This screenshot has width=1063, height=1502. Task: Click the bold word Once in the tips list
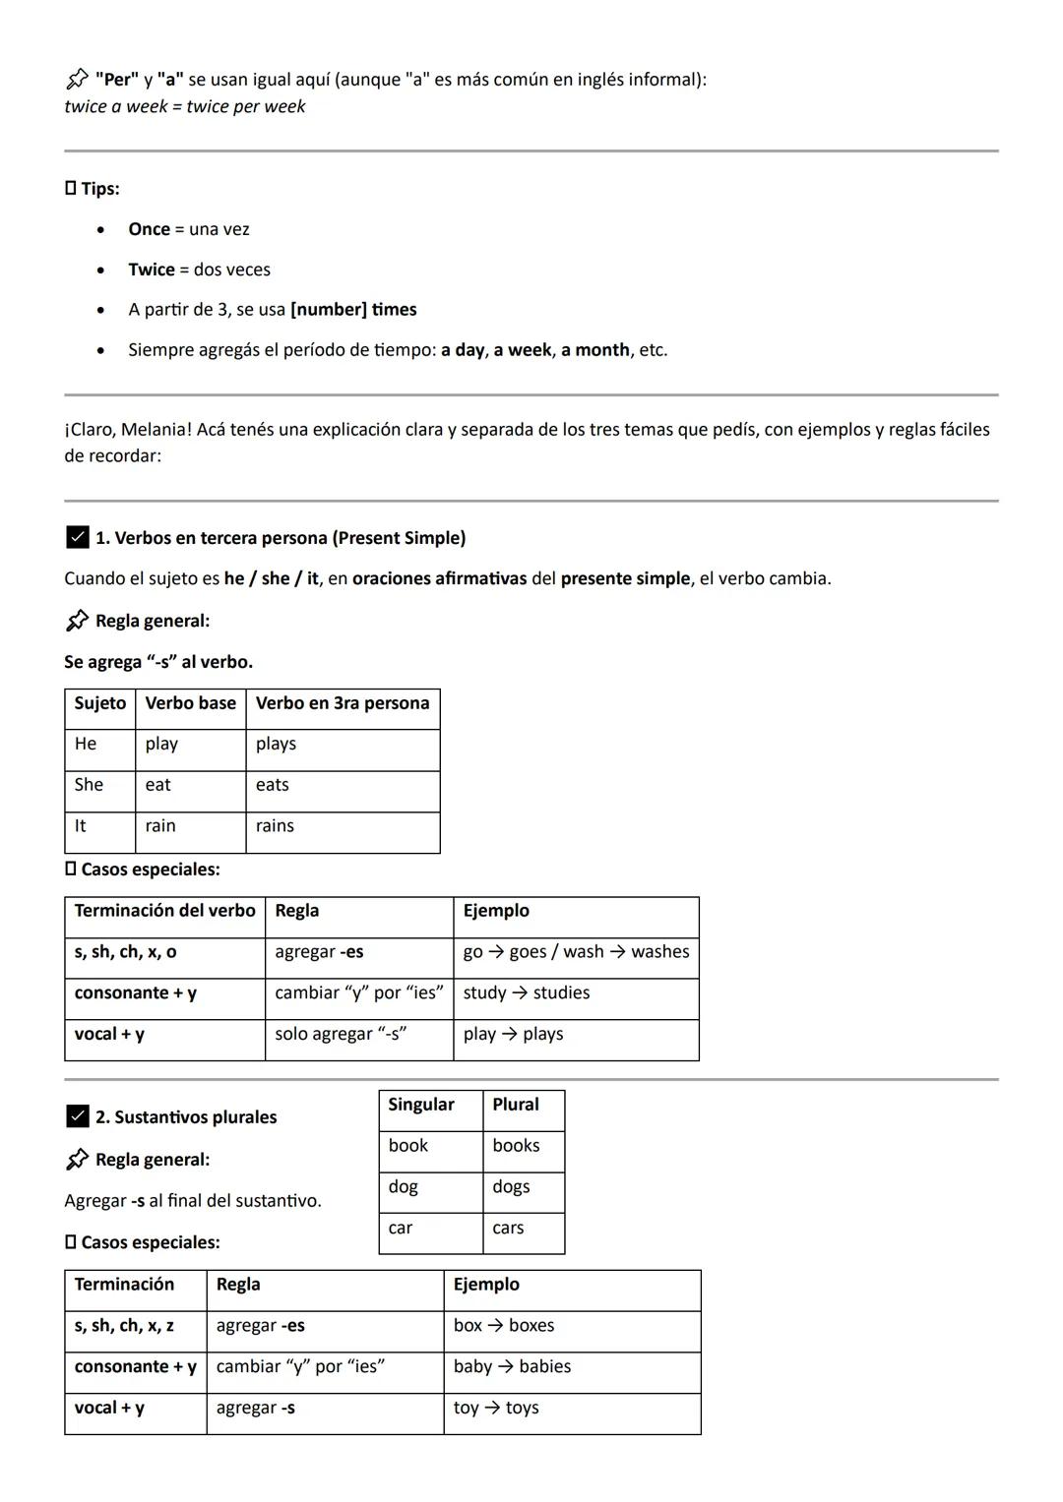point(149,229)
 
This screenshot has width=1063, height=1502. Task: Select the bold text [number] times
point(353,310)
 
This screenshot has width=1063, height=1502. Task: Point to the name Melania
point(155,430)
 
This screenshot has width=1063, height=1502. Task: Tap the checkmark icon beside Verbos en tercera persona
point(77,538)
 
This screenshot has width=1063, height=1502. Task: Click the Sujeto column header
point(99,703)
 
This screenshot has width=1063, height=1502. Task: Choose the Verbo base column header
point(190,703)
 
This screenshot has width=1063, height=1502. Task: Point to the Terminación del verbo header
point(164,911)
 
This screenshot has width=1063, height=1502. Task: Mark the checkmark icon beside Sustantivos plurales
point(77,1116)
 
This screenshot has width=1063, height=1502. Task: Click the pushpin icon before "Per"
point(77,80)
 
